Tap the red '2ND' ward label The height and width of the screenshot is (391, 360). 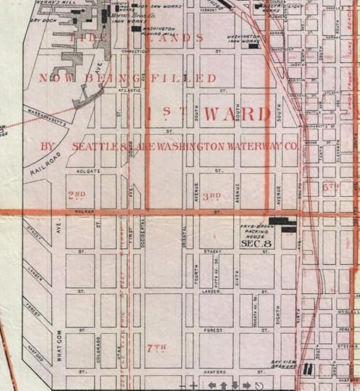76,195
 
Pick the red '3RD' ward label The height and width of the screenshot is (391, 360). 212,196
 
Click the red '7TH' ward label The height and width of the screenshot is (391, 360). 156,348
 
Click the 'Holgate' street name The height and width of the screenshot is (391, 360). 88,172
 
